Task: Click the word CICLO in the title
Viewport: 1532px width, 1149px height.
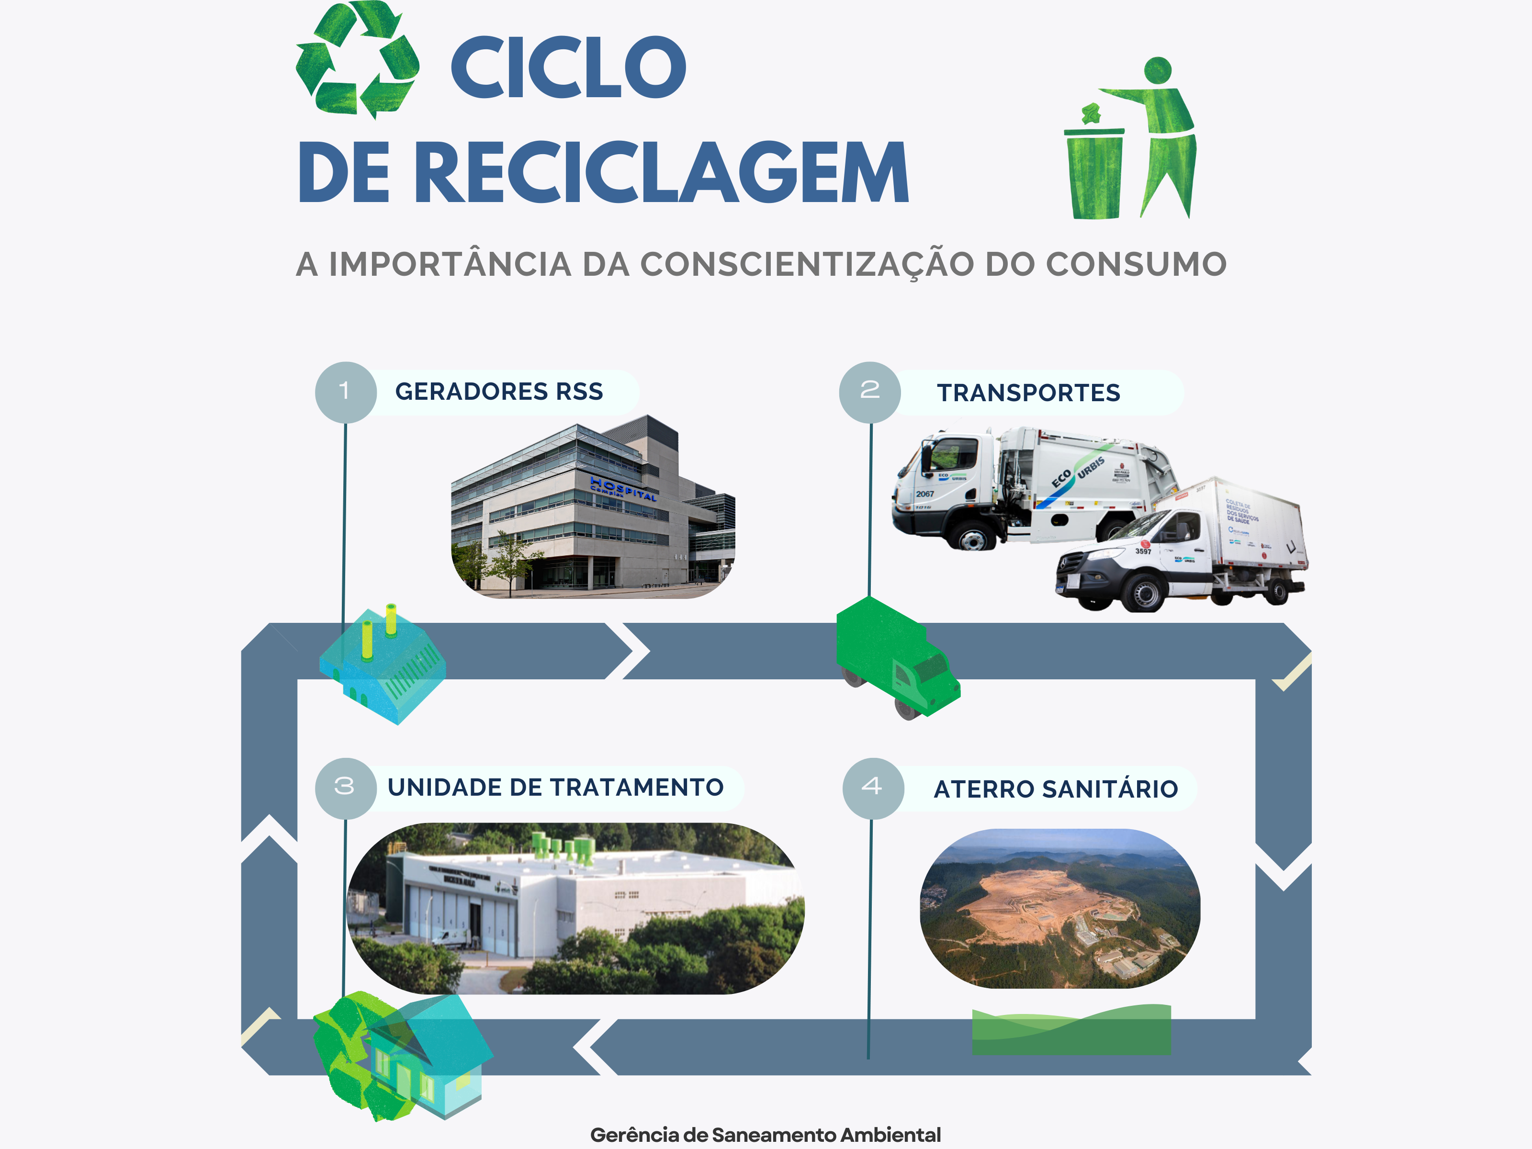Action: (x=568, y=67)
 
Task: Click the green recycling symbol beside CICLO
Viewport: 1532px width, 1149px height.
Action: (x=357, y=60)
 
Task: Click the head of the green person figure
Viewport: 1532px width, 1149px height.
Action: (x=1158, y=70)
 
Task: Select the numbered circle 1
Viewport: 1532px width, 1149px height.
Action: (x=345, y=392)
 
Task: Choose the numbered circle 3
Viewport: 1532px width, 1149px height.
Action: (x=345, y=788)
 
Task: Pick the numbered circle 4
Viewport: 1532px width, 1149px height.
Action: (x=873, y=788)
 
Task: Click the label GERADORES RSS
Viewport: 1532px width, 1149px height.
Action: (x=499, y=392)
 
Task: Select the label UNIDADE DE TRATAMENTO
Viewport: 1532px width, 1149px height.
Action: (x=555, y=788)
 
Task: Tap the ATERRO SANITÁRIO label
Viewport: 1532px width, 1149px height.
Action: (x=1056, y=789)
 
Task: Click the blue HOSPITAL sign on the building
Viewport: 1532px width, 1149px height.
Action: (x=623, y=489)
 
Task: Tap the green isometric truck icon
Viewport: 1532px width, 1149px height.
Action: (x=897, y=658)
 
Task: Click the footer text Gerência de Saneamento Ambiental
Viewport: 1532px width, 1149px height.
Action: (x=766, y=1135)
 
